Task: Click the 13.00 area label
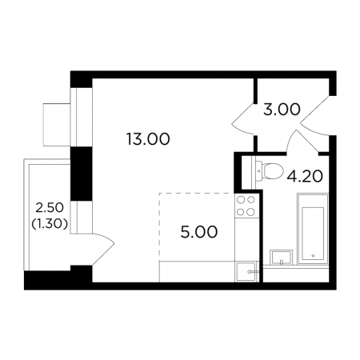[148, 139]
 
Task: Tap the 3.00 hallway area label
[282, 110]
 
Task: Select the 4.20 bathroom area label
[305, 176]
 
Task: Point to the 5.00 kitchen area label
[199, 232]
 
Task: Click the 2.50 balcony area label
[50, 208]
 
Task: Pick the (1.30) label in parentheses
[50, 224]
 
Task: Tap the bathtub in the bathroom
[313, 230]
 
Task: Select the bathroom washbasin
[281, 257]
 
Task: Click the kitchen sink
[246, 271]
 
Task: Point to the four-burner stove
[246, 206]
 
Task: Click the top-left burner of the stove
[241, 199]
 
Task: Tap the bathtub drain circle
[313, 255]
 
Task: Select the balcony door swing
[103, 250]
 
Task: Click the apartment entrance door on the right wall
[315, 116]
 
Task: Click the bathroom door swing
[302, 142]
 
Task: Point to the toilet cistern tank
[258, 171]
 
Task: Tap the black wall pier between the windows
[82, 174]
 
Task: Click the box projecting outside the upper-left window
[57, 124]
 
